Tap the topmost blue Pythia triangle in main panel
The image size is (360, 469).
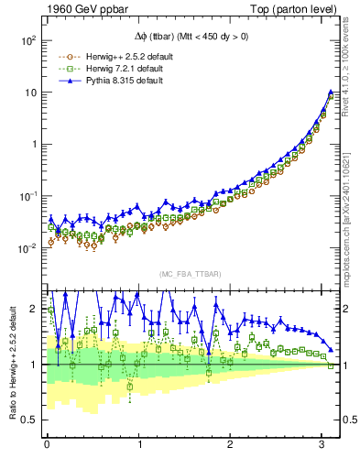coord(331,93)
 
